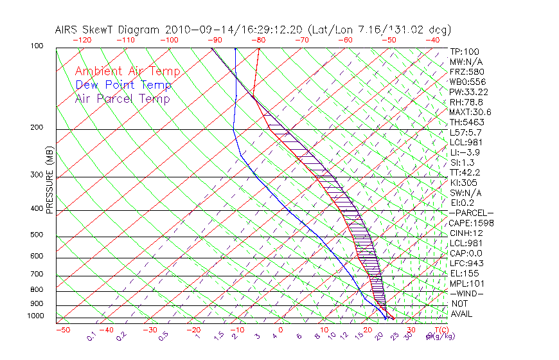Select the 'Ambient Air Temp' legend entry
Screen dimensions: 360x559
[x=127, y=71]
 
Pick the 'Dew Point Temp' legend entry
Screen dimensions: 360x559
[x=123, y=85]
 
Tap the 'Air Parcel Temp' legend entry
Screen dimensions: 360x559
[x=122, y=98]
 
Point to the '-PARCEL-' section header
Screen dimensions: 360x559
[x=471, y=213]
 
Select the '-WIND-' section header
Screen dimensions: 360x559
[x=466, y=293]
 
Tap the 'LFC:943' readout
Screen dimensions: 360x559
[x=466, y=263]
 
